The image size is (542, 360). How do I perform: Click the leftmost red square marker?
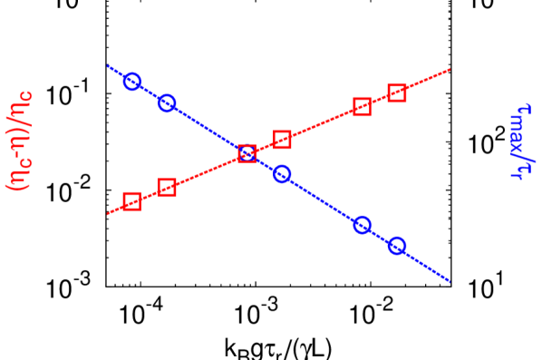131,201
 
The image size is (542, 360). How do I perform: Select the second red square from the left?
167,188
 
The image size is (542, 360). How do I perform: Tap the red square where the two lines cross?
247,153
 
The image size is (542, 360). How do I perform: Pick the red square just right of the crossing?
282,140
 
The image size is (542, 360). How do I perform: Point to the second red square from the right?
362,107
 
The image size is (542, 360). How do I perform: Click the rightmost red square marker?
397,92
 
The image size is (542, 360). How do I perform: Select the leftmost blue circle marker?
131,82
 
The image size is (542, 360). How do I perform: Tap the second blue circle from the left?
167,103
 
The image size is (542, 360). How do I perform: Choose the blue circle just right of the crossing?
282,174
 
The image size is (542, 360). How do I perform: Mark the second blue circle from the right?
362,225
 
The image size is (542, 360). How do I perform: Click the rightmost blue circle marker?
397,246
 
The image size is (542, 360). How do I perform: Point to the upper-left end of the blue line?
108,66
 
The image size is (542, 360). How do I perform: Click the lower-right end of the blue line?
450,281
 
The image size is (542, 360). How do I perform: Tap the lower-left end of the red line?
108,214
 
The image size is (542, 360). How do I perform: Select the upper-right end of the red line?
450,69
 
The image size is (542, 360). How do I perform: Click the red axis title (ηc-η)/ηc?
20,140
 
